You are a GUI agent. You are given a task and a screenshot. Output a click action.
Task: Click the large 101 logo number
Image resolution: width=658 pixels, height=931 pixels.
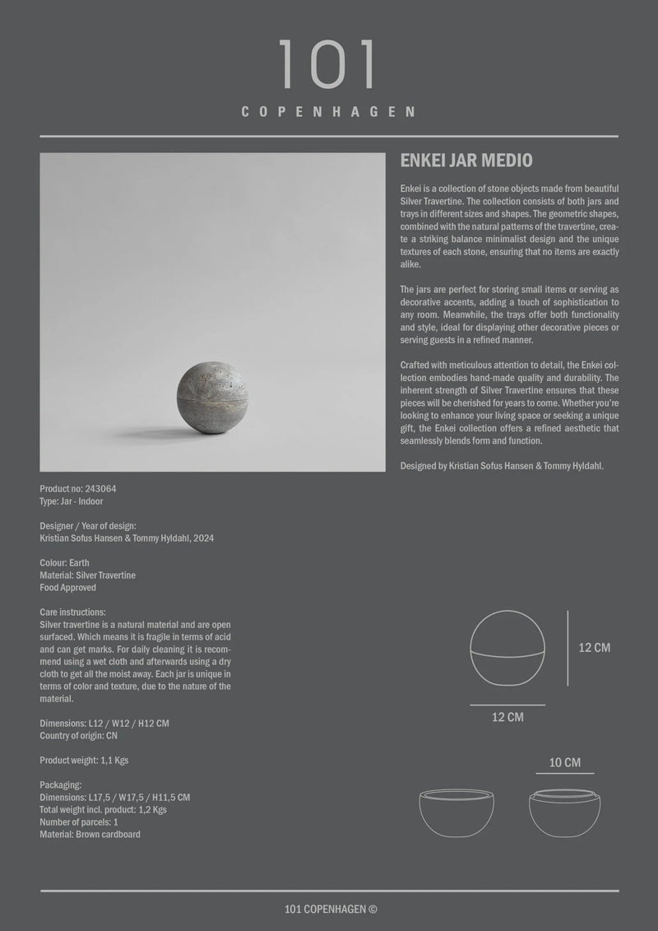[328, 64]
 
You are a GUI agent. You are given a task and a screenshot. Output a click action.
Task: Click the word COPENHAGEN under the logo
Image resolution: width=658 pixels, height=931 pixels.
[328, 112]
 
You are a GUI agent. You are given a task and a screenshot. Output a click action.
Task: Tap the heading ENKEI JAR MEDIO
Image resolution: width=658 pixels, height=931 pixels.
[466, 160]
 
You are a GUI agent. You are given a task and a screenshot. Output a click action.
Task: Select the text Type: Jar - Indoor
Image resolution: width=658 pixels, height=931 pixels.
[72, 501]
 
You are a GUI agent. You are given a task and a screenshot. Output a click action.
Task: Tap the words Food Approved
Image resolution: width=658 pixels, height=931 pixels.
[68, 588]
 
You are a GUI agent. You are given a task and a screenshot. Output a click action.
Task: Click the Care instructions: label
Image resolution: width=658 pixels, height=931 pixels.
[72, 612]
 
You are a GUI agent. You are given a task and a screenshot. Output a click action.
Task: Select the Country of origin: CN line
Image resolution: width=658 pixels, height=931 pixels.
[78, 736]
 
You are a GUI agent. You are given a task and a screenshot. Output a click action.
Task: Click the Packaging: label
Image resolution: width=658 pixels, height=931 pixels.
[60, 785]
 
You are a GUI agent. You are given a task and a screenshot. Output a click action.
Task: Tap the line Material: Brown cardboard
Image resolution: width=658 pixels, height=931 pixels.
[90, 835]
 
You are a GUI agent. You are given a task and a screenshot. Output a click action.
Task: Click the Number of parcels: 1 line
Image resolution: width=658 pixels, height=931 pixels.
[79, 822]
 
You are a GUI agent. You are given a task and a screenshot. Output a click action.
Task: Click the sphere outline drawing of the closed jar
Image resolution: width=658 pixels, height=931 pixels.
[507, 646]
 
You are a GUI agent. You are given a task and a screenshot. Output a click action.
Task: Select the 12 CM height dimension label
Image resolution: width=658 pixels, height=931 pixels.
[595, 648]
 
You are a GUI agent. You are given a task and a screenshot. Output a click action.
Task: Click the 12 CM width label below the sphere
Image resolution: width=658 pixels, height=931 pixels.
[507, 718]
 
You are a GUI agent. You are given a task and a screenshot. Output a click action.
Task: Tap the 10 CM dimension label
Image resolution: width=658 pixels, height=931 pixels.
[565, 763]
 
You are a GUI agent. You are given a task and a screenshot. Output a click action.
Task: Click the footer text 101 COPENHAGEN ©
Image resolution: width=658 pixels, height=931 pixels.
[329, 909]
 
